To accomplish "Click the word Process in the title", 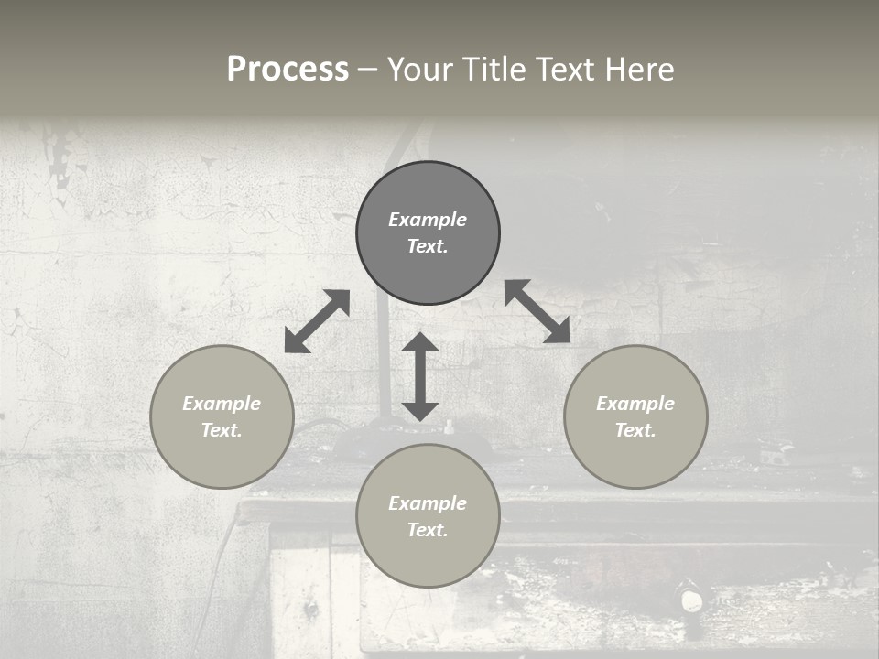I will [x=288, y=70].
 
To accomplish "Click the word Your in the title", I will [x=421, y=70].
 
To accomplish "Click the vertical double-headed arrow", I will [x=420, y=376].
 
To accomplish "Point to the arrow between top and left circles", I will [x=317, y=321].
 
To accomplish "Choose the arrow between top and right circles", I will [x=537, y=311].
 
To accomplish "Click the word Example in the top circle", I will [x=428, y=220].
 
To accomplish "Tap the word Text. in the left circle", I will [x=222, y=430].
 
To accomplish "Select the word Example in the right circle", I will [x=635, y=404].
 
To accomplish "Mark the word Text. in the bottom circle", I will [x=428, y=530].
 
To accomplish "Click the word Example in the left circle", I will [x=222, y=404].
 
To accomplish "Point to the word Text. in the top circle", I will [x=428, y=246].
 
